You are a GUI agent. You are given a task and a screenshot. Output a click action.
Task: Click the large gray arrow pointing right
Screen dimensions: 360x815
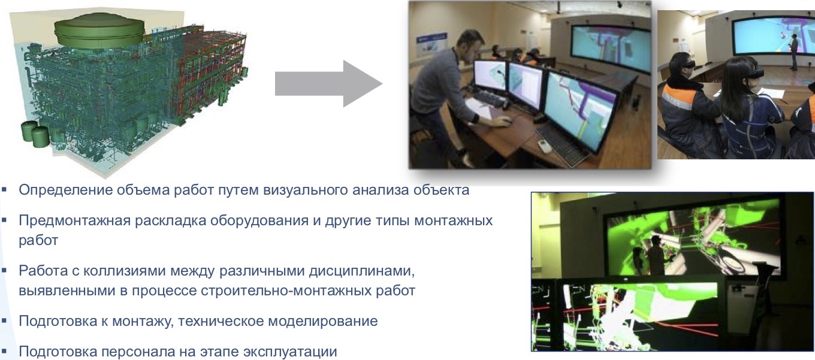coord(327,83)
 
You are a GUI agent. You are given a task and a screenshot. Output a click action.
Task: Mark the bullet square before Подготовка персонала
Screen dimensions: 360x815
coord(5,351)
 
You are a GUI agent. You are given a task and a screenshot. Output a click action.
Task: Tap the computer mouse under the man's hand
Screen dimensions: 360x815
coord(506,123)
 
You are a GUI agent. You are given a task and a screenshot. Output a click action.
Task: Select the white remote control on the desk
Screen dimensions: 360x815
coord(545,146)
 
